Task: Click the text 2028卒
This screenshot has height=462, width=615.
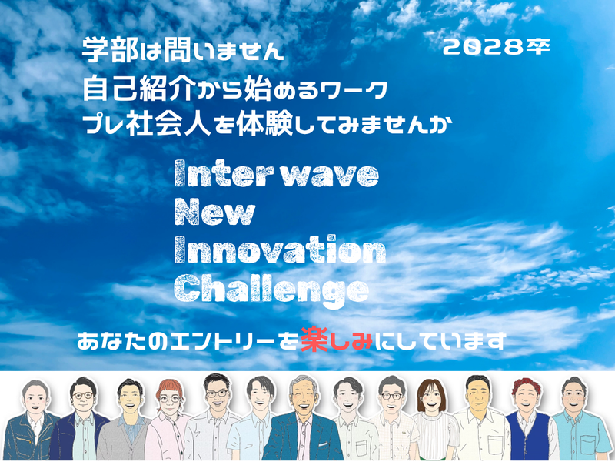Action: pyautogui.click(x=497, y=47)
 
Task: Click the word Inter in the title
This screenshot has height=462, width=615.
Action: pyautogui.click(x=223, y=176)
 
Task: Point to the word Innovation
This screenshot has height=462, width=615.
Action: pyautogui.click(x=280, y=250)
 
